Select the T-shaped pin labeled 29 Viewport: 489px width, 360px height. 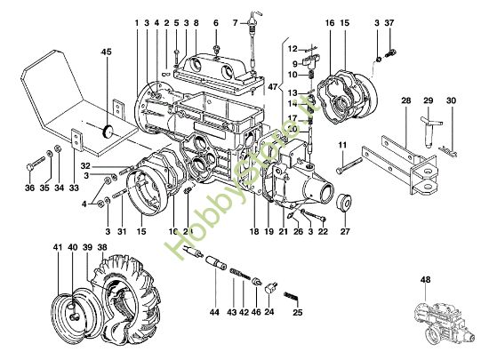(x=428, y=124)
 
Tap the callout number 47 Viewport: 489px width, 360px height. (x=274, y=89)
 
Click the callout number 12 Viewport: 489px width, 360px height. (x=292, y=50)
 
